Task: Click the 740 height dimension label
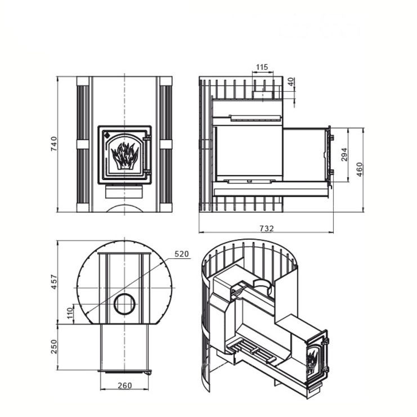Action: (x=54, y=144)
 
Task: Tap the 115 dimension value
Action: (x=262, y=67)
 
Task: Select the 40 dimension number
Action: (x=291, y=82)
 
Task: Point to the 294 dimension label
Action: (x=344, y=155)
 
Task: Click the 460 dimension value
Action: (x=359, y=169)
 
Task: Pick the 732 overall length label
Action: (x=267, y=228)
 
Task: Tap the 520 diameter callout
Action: (x=182, y=254)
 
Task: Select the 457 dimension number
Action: (x=54, y=282)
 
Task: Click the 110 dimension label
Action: (x=70, y=313)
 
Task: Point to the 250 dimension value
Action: (x=54, y=347)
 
